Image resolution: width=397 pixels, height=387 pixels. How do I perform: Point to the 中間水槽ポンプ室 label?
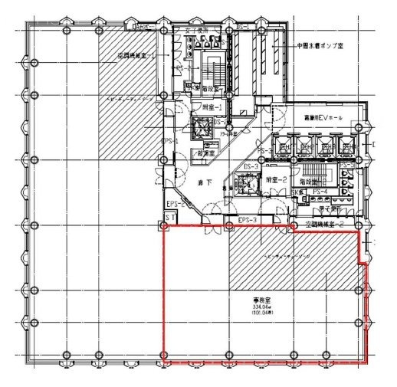click(326, 46)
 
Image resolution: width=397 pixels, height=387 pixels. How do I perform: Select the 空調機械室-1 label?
click(136, 56)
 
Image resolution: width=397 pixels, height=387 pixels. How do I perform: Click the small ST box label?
click(167, 219)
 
